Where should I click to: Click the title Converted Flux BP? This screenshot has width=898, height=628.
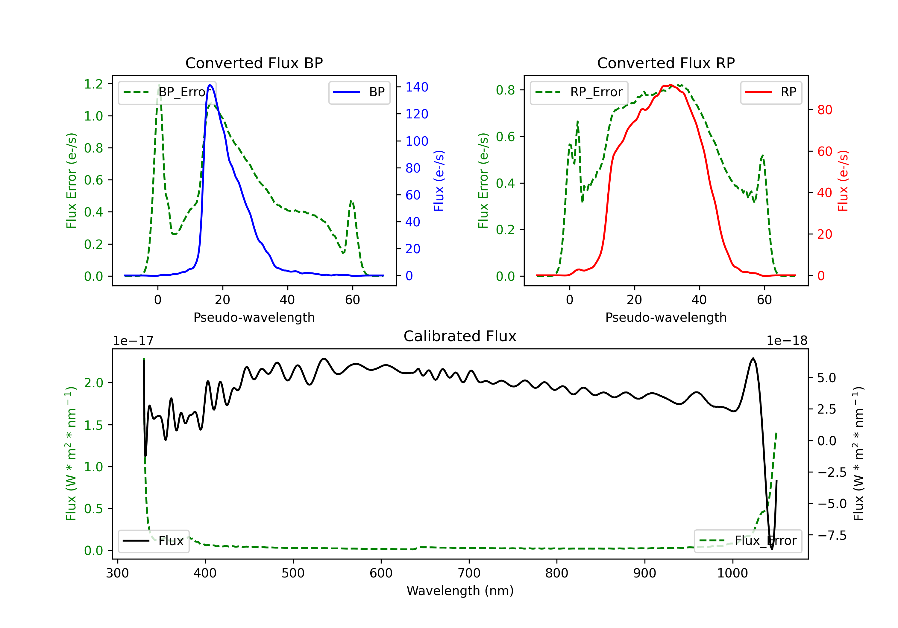[254, 63]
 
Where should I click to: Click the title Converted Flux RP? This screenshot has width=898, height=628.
[666, 63]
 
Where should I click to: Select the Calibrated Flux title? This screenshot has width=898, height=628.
[460, 336]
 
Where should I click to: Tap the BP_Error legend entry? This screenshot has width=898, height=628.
[167, 92]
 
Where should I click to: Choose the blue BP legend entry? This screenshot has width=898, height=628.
[359, 92]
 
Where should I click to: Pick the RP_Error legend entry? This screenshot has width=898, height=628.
[579, 92]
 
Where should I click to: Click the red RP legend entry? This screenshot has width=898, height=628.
[771, 92]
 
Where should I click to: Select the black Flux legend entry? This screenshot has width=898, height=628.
[153, 541]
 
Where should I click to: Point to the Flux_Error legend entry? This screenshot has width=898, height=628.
[748, 541]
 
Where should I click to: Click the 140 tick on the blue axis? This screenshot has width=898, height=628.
[417, 87]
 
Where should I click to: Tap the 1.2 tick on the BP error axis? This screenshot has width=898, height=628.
[93, 84]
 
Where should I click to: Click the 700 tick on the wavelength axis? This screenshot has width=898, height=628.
[469, 573]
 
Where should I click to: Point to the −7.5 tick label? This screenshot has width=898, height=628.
[832, 535]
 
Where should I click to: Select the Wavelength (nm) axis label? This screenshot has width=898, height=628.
[460, 591]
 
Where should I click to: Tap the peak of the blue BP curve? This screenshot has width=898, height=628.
[210, 85]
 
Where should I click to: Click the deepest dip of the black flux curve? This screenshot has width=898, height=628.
[772, 549]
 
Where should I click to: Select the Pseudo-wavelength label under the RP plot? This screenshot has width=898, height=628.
[666, 317]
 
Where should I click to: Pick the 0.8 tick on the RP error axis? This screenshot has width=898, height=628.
[505, 90]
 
